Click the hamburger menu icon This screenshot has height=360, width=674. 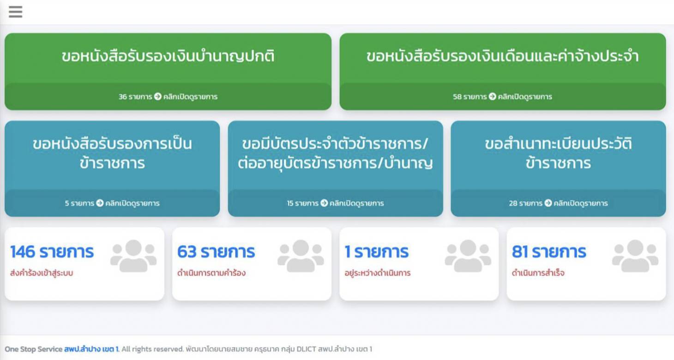pos(15,12)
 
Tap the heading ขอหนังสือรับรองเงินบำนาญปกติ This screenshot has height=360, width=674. pos(168,56)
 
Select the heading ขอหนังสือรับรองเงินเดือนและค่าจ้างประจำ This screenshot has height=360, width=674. pos(502,56)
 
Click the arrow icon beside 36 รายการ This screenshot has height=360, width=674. pos(158,96)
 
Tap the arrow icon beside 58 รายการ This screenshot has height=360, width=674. pos(492,96)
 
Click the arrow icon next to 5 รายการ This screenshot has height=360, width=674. pos(100,203)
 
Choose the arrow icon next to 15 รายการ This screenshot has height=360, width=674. pos(324,203)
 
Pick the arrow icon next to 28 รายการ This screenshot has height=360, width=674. pos(548,203)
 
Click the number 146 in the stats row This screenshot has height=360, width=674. pos(23,252)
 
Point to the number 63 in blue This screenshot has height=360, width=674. pos(187,252)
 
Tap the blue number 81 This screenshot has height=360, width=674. pos(520,252)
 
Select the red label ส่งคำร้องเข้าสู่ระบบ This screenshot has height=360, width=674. pos(42,273)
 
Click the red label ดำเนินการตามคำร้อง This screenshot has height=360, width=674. pos(211,273)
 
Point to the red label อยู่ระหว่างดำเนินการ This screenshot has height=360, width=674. pos(377,273)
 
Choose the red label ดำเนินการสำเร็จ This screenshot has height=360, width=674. pos(538,273)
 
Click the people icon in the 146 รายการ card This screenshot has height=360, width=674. pos(133,256)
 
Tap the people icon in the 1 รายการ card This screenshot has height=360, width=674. pos(468,256)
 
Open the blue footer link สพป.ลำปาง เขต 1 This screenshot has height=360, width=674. pos(91,349)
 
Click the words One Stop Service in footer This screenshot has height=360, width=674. pos(33,349)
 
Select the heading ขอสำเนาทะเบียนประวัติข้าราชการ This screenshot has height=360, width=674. pos(558,153)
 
